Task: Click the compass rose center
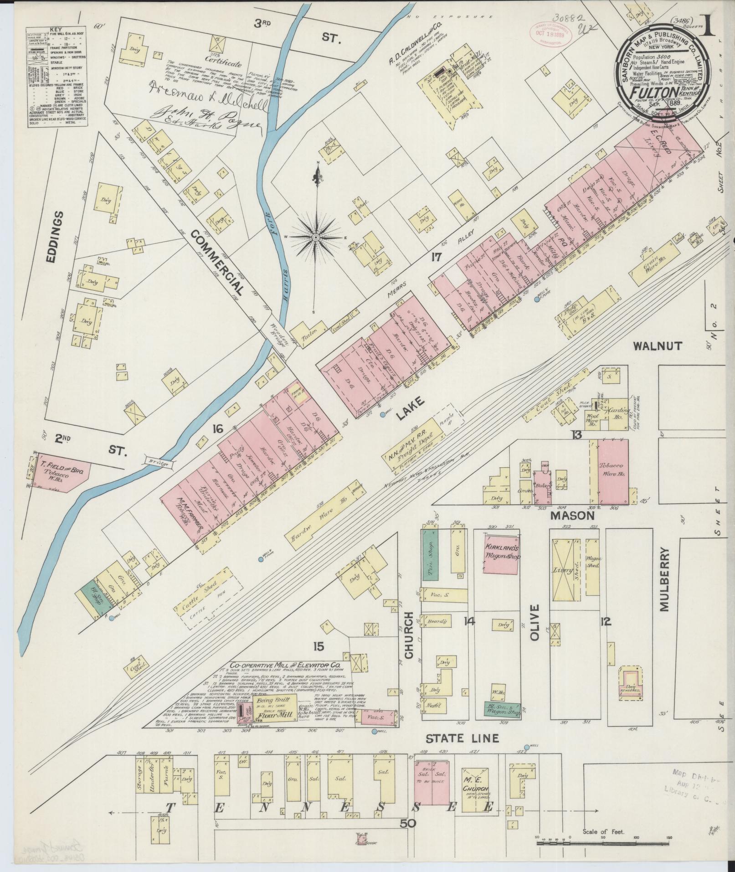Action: point(315,237)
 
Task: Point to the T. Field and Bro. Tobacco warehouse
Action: point(62,471)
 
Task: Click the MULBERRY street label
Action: point(663,579)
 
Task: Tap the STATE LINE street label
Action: point(463,738)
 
